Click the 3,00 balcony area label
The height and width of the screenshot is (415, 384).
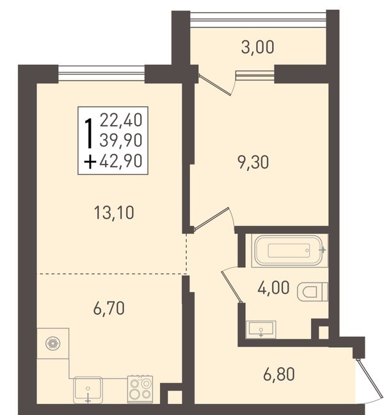pos(257,48)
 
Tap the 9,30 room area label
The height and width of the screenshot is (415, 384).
pos(253,162)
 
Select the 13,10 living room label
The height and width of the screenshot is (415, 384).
pos(114,213)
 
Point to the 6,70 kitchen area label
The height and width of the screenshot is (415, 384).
pos(109,308)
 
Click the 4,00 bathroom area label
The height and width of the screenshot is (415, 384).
pos(273,288)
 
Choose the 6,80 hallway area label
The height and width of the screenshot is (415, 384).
pos(279,374)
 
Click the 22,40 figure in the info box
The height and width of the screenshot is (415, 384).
pos(121,120)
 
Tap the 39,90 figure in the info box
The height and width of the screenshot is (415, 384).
pos(121,140)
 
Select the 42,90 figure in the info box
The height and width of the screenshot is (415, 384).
pos(121,161)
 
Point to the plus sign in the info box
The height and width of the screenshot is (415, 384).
pos(90,162)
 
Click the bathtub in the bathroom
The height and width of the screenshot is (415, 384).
pos(289,250)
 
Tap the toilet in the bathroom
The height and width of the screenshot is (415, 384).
pos(312,292)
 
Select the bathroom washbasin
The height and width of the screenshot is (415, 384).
pos(260,330)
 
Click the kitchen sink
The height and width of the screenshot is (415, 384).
pos(88,390)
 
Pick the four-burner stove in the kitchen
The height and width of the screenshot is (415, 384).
pos(140,389)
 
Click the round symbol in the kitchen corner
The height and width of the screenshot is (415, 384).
pos(53,343)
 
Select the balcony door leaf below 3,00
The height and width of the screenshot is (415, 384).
pos(214,85)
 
